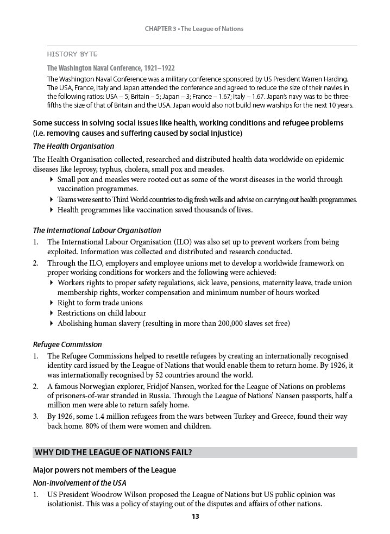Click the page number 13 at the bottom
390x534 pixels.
click(195, 517)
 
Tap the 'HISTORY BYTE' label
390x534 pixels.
click(72, 54)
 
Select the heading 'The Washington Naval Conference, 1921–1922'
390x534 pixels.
click(111, 68)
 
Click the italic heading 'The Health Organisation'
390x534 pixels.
click(73, 146)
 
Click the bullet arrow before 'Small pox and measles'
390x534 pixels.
click(52, 179)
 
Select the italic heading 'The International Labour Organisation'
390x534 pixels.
click(97, 230)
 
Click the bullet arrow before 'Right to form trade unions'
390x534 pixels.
click(52, 303)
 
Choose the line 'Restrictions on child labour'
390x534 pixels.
click(102, 313)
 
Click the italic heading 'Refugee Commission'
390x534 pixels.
click(67, 344)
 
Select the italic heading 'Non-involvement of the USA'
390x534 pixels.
click(80, 482)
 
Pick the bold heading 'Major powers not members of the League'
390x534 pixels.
click(104, 470)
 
